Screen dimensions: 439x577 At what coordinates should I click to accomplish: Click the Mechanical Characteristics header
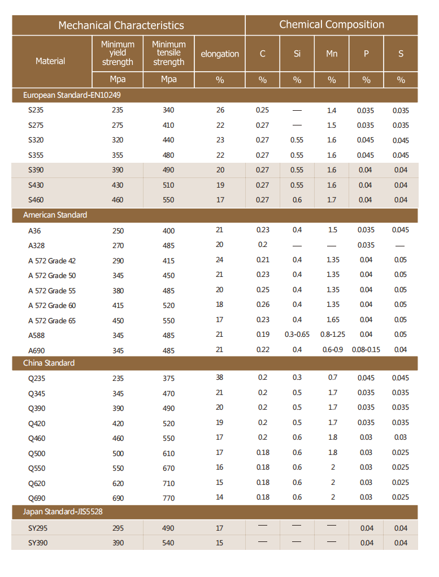point(121,25)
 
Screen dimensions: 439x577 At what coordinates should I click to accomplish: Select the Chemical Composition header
point(332,25)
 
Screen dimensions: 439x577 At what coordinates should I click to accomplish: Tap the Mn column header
point(332,54)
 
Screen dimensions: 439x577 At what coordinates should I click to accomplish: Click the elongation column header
point(220,54)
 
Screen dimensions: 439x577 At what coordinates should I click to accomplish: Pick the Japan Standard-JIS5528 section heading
point(63,512)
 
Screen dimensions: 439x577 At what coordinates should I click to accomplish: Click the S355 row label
point(36,155)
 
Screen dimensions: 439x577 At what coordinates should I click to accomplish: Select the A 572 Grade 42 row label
point(52,261)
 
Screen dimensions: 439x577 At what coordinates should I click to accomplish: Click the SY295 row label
point(38,528)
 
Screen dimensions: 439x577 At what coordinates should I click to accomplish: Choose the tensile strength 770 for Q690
point(168,498)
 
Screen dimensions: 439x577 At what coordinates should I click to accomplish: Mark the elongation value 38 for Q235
point(220,378)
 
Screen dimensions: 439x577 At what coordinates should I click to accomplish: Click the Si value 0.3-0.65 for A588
point(297,335)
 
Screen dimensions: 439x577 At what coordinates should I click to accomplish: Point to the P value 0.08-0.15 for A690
point(366,350)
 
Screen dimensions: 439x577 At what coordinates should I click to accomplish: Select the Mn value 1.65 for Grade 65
point(332,320)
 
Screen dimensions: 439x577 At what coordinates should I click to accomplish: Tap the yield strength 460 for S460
point(118,200)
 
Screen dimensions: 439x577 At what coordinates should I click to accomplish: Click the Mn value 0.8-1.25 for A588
point(332,335)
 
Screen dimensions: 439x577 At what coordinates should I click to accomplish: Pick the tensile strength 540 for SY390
point(168,543)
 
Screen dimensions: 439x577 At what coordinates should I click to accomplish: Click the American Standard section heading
point(55,215)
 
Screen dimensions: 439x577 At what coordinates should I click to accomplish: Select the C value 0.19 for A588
point(262,335)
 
